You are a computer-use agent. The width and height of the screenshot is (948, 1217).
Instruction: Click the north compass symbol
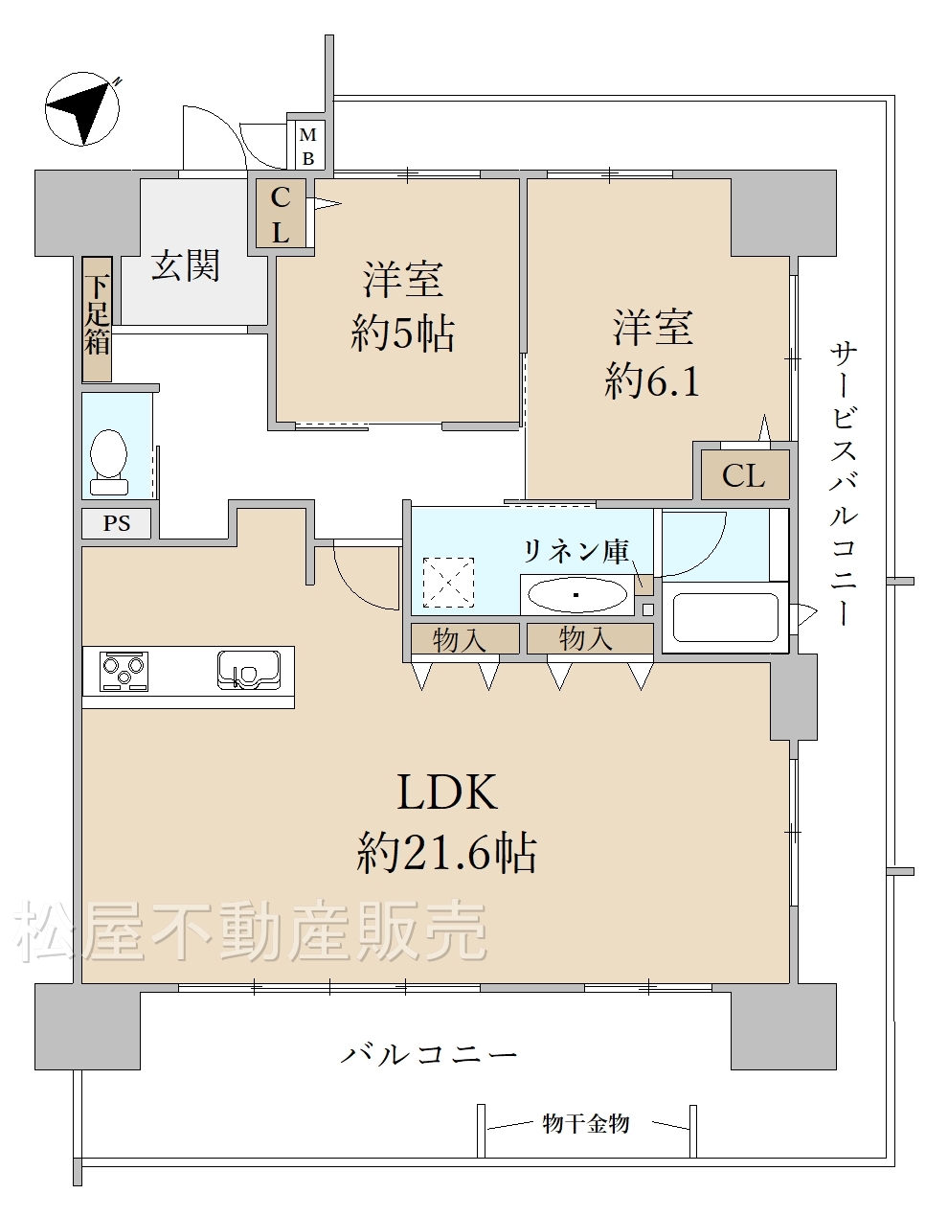coord(81,108)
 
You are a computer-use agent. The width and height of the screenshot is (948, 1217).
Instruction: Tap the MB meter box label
coord(307,147)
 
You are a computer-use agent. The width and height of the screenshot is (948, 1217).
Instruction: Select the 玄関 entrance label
coord(185,265)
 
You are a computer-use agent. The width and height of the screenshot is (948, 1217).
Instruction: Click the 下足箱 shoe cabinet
coord(97,319)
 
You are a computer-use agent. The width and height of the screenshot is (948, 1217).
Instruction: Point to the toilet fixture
coord(108,462)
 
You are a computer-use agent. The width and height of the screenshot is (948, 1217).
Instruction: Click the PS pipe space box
coord(117,523)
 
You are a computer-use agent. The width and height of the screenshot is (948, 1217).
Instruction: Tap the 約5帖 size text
coord(402,333)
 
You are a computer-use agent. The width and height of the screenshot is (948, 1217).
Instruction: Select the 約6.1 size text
coord(652,381)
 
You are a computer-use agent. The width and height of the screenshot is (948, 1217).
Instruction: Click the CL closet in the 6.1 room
coord(745,475)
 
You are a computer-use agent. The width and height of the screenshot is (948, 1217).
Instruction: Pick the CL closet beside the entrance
coord(281,214)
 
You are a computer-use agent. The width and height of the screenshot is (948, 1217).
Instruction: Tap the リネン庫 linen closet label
coord(576,551)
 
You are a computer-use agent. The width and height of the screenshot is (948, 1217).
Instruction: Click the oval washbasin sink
coord(578,595)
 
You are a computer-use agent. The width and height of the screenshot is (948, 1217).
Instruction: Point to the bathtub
coord(725,618)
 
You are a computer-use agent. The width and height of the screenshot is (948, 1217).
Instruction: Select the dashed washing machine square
coord(449,583)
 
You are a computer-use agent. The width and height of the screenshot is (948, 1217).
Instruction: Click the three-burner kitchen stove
coord(124,671)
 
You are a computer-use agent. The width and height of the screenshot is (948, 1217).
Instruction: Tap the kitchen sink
coord(249,670)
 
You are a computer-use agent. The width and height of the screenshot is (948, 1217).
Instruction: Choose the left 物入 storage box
coord(465,638)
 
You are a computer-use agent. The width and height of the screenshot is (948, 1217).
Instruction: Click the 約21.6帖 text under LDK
coord(446,854)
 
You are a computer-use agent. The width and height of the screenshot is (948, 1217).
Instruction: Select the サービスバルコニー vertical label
coord(844,484)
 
